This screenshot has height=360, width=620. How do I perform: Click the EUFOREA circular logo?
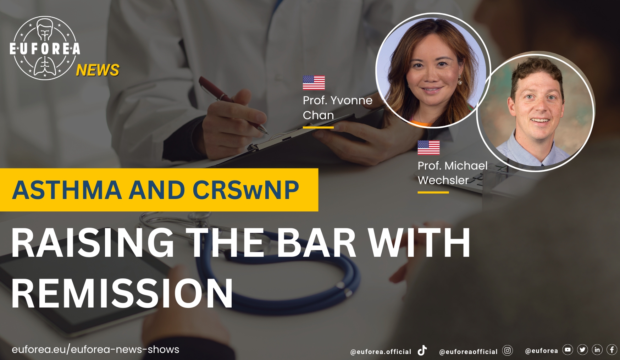[x=45, y=48]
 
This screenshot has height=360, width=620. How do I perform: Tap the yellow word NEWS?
[x=98, y=70]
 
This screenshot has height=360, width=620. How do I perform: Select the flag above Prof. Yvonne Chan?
[x=314, y=83]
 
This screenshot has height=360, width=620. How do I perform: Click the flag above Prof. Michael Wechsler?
[x=428, y=148]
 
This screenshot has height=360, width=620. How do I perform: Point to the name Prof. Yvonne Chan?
[x=337, y=107]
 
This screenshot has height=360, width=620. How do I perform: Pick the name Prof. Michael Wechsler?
[x=453, y=173]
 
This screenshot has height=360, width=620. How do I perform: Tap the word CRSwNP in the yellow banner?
[x=246, y=190]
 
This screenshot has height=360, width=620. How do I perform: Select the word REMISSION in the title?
[x=122, y=293]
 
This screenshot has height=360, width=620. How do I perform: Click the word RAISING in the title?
[x=93, y=243]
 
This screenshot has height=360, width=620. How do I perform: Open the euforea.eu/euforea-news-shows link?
[x=95, y=349]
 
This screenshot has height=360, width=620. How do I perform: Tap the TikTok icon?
[x=422, y=350]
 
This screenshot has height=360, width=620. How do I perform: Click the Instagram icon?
[x=508, y=351]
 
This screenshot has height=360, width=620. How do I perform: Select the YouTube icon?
[x=568, y=350]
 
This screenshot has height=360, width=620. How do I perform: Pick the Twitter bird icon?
[x=582, y=350]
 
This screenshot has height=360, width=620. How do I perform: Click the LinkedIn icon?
[x=597, y=350]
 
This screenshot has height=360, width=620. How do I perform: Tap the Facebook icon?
[x=612, y=350]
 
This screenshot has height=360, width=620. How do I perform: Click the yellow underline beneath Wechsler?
[x=433, y=192]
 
